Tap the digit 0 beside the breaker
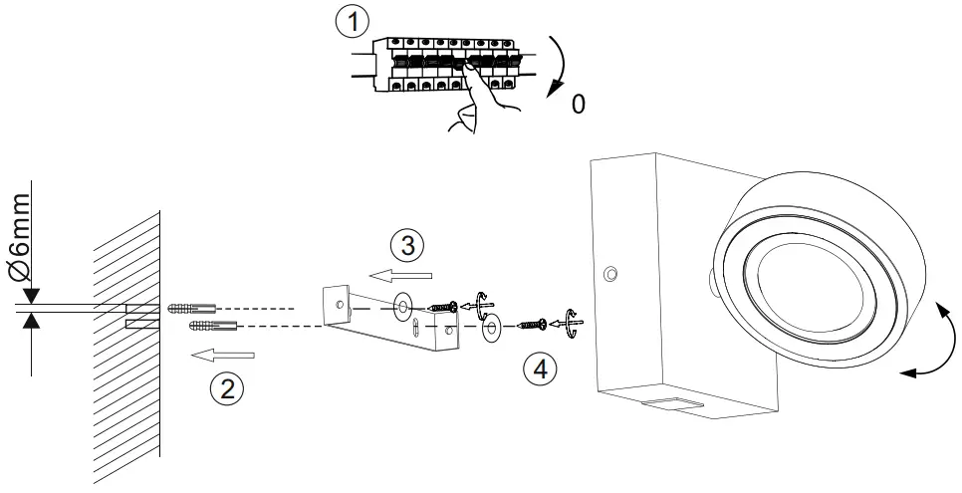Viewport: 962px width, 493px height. (x=579, y=104)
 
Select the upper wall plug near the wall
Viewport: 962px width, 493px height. (x=191, y=305)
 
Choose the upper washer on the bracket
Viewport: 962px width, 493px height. (x=405, y=302)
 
